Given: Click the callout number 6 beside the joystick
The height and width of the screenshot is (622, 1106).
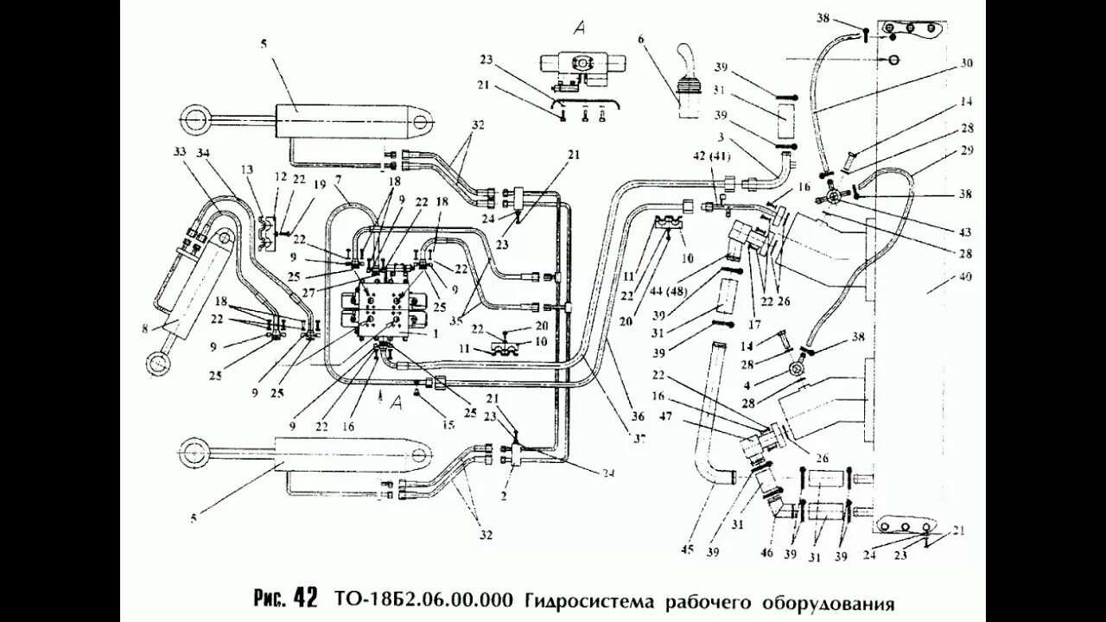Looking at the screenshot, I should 641,39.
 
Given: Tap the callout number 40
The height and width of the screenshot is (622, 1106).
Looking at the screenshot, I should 965,277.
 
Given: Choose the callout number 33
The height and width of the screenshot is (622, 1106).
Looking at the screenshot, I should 179,152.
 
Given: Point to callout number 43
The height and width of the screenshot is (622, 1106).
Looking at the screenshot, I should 965,232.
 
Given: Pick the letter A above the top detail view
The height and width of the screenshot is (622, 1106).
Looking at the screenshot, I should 582,26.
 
